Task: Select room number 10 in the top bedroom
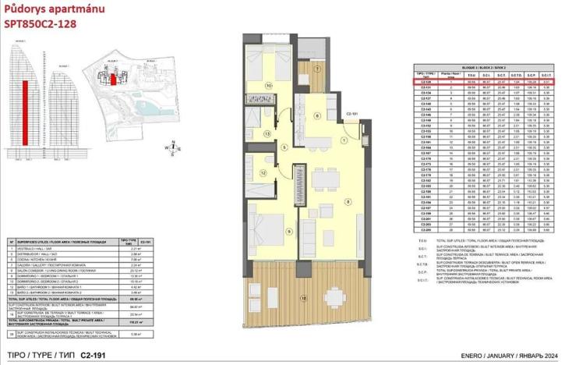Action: coord(269,86)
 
